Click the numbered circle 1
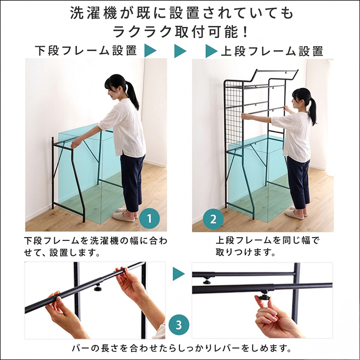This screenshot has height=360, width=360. (x=149, y=218)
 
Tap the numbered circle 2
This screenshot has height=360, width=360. (x=213, y=219)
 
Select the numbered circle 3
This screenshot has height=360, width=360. (x=179, y=325)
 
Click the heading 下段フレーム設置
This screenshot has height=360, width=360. (x=86, y=51)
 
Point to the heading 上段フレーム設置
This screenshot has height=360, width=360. (x=272, y=51)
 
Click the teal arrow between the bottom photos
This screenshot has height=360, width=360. (x=179, y=274)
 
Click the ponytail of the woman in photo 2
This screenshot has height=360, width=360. (x=312, y=111)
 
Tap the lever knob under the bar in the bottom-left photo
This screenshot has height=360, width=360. (x=98, y=287)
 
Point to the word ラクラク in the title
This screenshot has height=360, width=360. (x=143, y=32)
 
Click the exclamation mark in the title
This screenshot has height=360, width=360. (x=245, y=32)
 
